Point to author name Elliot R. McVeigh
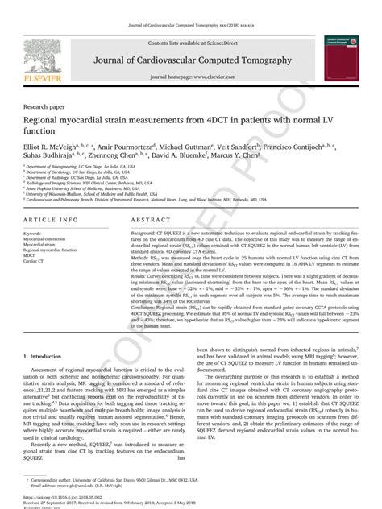[55, 147]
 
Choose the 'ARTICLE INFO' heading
[52, 219]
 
